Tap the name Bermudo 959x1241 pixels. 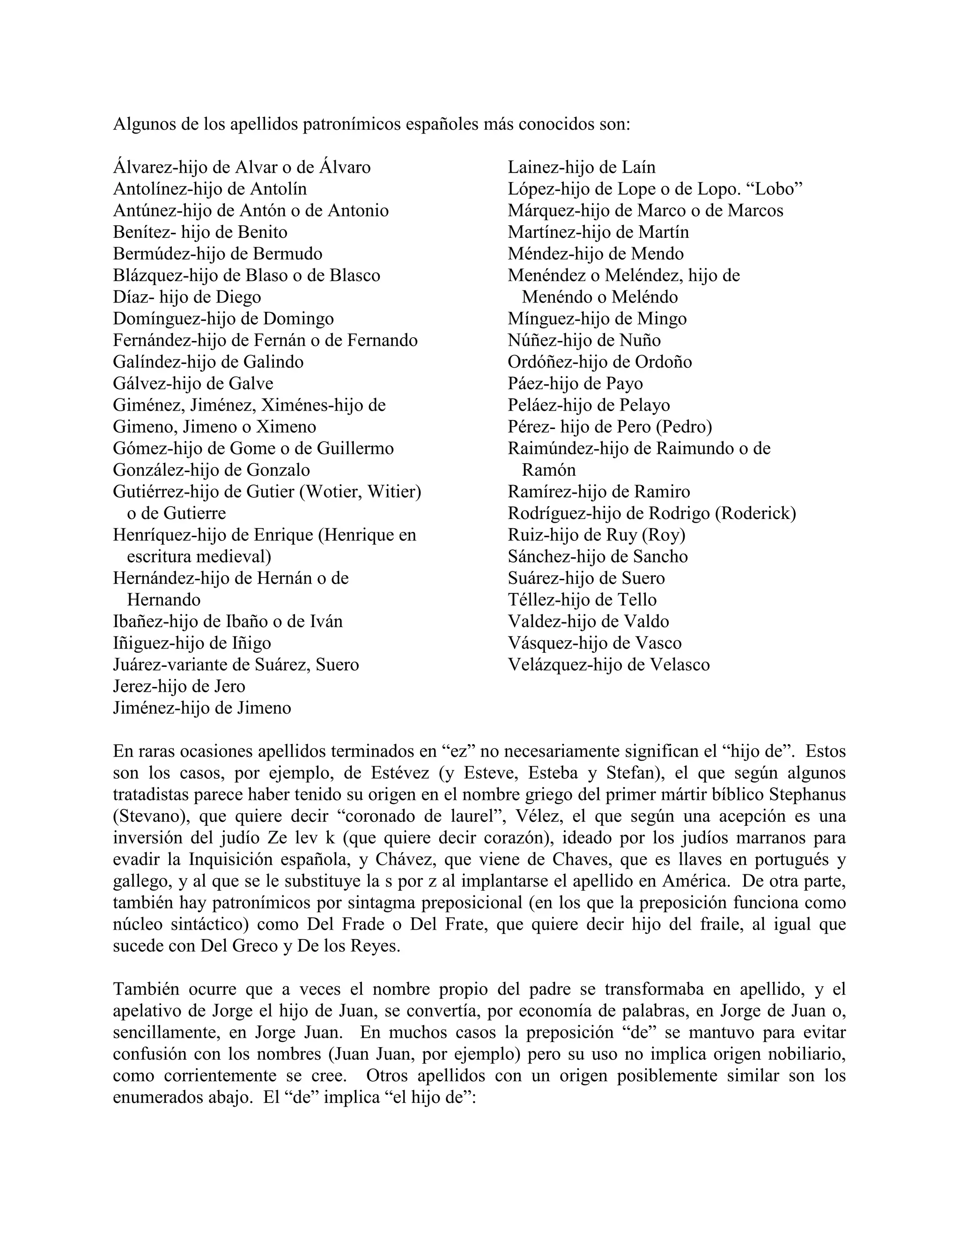(288, 254)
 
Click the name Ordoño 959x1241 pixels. (663, 362)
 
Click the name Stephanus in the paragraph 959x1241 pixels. (807, 795)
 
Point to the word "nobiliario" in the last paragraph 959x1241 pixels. (807, 1054)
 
